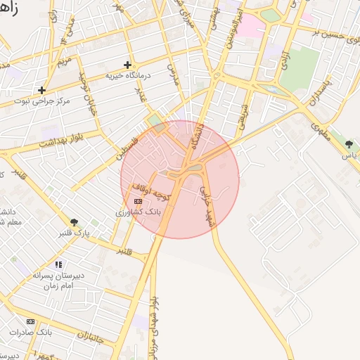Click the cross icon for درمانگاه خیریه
(127, 65)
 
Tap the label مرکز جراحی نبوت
(46, 101)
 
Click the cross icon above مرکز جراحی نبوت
(42, 90)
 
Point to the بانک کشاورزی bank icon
(137, 201)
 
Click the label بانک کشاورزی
(139, 211)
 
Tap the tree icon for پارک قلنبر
(74, 221)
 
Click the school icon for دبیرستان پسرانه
(58, 265)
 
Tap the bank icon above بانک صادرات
(30, 321)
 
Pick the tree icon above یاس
(349, 144)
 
